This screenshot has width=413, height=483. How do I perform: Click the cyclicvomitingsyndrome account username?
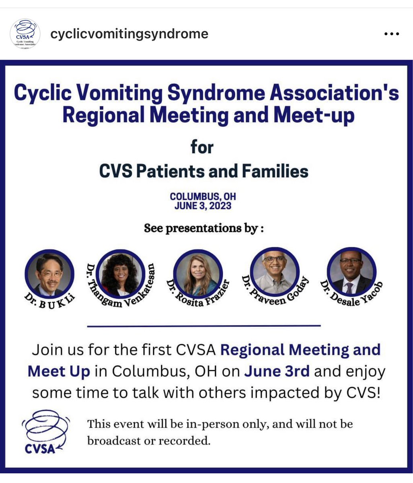coord(129,34)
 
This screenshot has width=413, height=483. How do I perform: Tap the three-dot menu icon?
coord(391,34)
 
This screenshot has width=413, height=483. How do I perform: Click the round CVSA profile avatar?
coord(25,34)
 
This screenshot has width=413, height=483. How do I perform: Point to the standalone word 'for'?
coord(202,147)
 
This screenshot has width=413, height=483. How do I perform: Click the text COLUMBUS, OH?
coord(203,197)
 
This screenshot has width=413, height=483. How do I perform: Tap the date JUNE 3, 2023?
coord(203,206)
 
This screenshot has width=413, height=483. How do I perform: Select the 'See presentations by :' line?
coord(204,228)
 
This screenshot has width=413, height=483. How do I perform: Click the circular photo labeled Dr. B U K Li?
coord(49,274)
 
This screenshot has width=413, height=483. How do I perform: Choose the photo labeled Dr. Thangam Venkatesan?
coord(120,274)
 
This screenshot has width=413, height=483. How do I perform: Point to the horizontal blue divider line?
coord(204,326)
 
